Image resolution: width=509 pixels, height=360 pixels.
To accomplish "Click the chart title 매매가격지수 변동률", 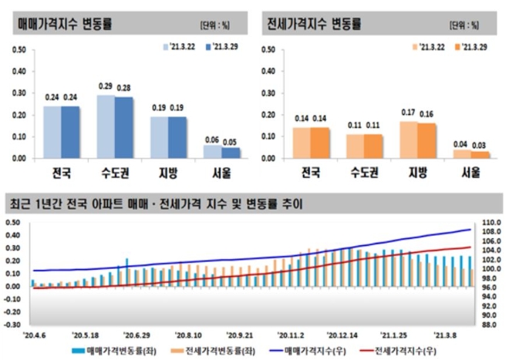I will [x=66, y=23].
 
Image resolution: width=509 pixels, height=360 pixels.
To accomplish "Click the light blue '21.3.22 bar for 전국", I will [x=52, y=132].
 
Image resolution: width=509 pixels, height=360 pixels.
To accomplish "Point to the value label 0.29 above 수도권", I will [x=106, y=86].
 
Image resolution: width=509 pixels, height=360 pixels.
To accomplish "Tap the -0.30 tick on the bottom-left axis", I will [x=12, y=325].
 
